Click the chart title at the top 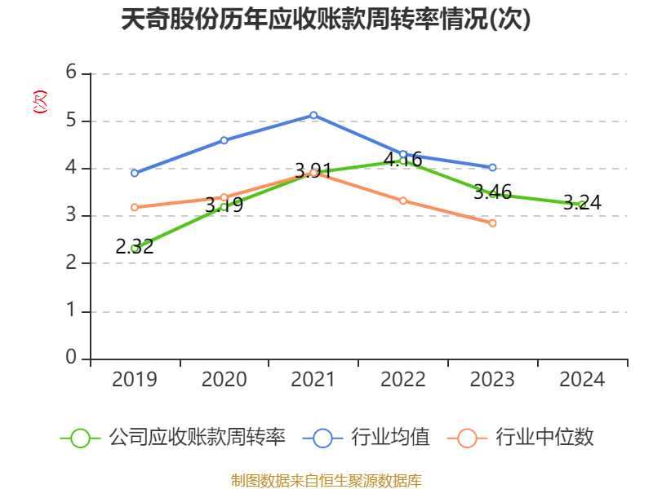point(326,20)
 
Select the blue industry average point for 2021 point(313,115)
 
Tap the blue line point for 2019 point(134,173)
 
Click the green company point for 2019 point(134,248)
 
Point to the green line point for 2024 point(582,205)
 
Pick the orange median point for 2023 point(492,222)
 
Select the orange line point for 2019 point(134,207)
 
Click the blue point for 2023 point(492,167)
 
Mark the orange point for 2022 point(403,200)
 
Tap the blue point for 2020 point(224,140)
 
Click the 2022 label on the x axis point(403,379)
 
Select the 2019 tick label point(134,379)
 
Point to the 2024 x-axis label point(582,379)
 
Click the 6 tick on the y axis point(71,73)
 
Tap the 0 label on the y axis point(71,358)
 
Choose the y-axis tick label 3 point(71,215)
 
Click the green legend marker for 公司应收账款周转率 point(80,438)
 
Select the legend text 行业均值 point(390,438)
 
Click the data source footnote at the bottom point(326,480)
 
